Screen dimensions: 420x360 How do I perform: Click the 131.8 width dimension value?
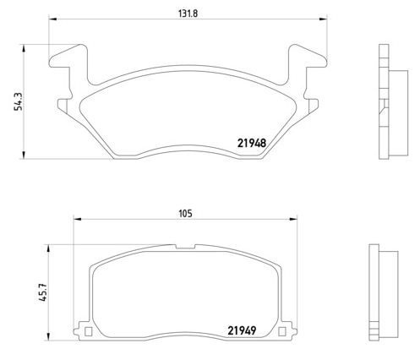coord(188,14)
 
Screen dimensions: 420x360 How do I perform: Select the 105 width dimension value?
coord(185,214)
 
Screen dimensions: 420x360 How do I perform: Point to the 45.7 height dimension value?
coord(44,292)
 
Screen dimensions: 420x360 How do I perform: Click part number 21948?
coord(252,144)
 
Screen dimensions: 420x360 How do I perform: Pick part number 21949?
coord(242,330)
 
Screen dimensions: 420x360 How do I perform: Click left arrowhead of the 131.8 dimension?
coord(53,19)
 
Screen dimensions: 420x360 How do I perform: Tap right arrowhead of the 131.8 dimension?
coord(323,19)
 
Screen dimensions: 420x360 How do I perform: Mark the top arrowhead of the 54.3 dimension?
coord(24,49)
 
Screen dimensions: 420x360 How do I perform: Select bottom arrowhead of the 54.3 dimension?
coord(24,155)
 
